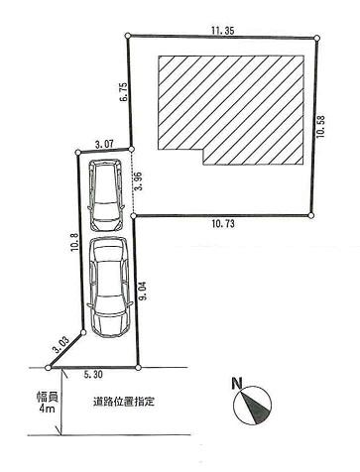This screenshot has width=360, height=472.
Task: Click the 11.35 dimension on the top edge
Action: (x=222, y=31)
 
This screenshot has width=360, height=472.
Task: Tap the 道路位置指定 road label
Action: (x=124, y=403)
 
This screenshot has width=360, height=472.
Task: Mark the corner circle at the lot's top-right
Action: (x=317, y=40)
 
